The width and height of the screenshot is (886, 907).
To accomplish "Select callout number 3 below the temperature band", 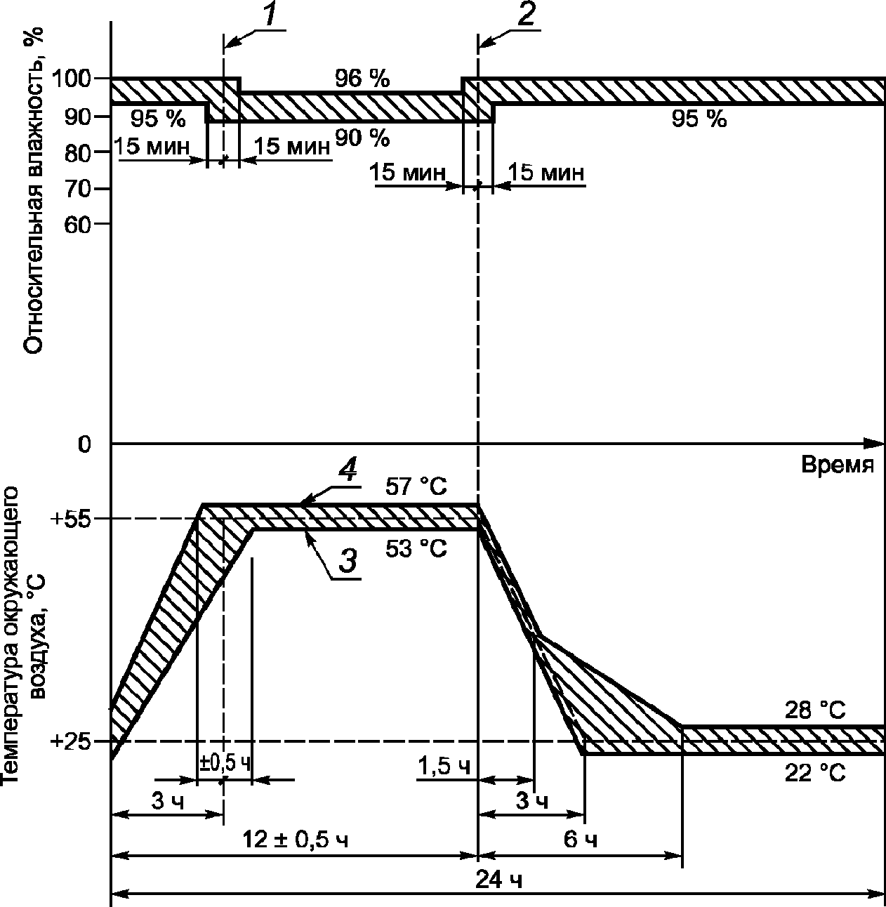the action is (346, 561).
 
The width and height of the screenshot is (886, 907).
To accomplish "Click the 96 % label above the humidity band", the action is (362, 79).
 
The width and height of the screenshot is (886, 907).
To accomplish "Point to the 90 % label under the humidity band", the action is (362, 138).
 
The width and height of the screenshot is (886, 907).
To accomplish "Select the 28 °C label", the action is (815, 710).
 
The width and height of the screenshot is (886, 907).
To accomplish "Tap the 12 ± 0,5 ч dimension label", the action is (295, 840).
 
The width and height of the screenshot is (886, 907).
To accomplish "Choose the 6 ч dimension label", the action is (581, 840).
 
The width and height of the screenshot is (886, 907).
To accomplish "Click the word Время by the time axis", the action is (837, 465).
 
